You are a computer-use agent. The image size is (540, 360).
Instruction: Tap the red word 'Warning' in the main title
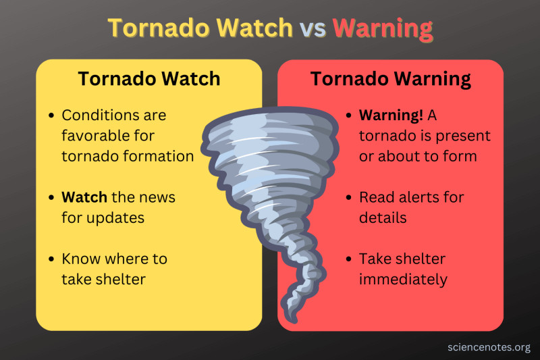(382, 28)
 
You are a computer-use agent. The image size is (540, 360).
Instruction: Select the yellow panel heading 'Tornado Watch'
(148, 79)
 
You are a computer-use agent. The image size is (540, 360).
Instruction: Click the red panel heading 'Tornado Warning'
(390, 79)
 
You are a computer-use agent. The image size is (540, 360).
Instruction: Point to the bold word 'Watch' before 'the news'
(84, 198)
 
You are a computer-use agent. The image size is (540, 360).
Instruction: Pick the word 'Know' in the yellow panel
(79, 259)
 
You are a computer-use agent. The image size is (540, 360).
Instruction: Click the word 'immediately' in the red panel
(403, 280)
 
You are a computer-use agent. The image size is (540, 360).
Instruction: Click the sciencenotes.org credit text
(488, 347)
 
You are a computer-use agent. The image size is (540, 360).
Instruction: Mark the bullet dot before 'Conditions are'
(51, 115)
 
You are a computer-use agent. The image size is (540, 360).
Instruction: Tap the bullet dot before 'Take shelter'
(348, 259)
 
